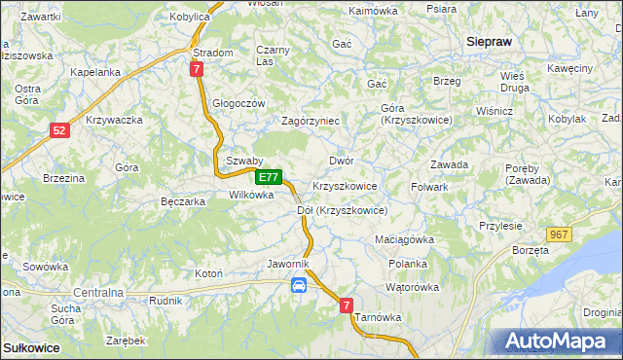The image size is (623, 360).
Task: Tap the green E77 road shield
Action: point(270,178)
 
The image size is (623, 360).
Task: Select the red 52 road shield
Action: point(59,129)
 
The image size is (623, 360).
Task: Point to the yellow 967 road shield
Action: point(558,234)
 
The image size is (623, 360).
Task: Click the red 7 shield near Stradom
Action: point(197,69)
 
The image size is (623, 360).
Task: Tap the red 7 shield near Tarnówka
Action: point(346,306)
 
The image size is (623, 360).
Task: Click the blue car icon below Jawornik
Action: point(299,285)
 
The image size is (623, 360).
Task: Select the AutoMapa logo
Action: point(561,342)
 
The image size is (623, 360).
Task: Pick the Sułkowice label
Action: point(31,347)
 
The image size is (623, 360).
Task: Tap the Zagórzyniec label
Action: point(310,121)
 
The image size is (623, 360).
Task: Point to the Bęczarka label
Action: point(182,202)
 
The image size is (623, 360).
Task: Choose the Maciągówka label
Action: point(404,238)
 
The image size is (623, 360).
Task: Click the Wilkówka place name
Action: point(251,195)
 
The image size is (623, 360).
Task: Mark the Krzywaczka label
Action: point(115,120)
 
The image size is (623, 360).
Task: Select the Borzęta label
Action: point(531,250)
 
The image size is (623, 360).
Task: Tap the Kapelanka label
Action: point(95,72)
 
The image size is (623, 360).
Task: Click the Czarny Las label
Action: point(273,55)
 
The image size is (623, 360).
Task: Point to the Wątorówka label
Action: point(413,287)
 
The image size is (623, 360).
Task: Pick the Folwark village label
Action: point(429,186)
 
